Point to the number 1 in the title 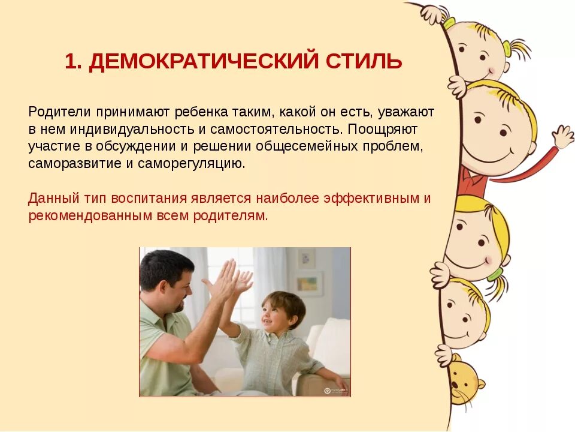pos(71,62)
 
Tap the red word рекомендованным pos(90,215)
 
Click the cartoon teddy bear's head pos(464,381)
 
